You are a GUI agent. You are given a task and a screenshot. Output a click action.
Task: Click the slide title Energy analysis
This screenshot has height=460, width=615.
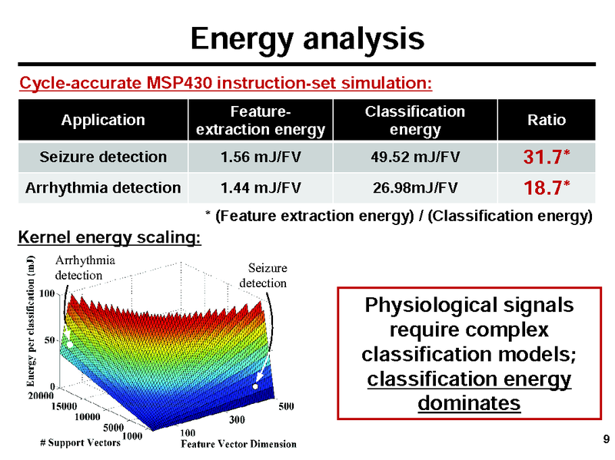click(307, 38)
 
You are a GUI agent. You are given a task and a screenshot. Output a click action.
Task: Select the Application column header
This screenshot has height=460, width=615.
click(103, 120)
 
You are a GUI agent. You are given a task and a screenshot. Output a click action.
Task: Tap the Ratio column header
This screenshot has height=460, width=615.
click(547, 120)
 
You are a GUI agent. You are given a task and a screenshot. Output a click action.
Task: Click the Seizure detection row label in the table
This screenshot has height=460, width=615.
click(103, 157)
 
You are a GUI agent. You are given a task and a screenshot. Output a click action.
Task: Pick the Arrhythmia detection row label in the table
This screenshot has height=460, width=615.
click(103, 187)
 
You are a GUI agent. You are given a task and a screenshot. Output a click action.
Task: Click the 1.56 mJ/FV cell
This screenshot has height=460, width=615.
click(261, 157)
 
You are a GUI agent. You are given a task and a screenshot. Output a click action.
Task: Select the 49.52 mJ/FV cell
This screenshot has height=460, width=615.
click(415, 157)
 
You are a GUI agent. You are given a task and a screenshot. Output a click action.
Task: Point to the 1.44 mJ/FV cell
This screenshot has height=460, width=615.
click(261, 187)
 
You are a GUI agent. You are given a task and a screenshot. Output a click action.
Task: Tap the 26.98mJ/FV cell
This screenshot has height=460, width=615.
click(415, 187)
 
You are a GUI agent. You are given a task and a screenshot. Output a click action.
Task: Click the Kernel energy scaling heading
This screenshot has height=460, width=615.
click(109, 238)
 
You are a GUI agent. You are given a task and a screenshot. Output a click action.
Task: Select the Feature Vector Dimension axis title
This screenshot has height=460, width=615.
click(238, 444)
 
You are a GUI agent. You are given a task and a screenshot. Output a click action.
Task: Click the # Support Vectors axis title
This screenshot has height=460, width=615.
click(80, 443)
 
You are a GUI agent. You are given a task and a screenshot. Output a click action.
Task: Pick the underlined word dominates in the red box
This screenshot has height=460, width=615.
click(469, 402)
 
